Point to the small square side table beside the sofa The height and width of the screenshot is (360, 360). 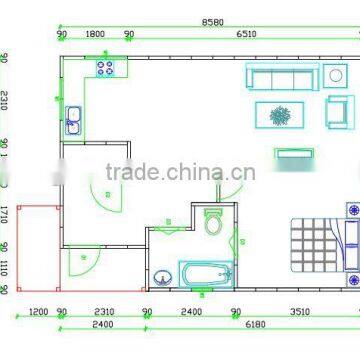pyautogui.click(x=334, y=76)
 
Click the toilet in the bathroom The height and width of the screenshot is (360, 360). pyautogui.click(x=212, y=223)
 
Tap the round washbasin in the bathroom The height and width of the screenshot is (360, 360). pyautogui.click(x=163, y=277)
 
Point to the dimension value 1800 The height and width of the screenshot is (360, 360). pyautogui.click(x=95, y=33)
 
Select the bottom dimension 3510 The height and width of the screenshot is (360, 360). pyautogui.click(x=299, y=311)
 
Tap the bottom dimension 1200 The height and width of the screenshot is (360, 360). pyautogui.click(x=38, y=311)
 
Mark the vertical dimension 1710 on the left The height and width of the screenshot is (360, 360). pyautogui.click(x=5, y=213)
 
